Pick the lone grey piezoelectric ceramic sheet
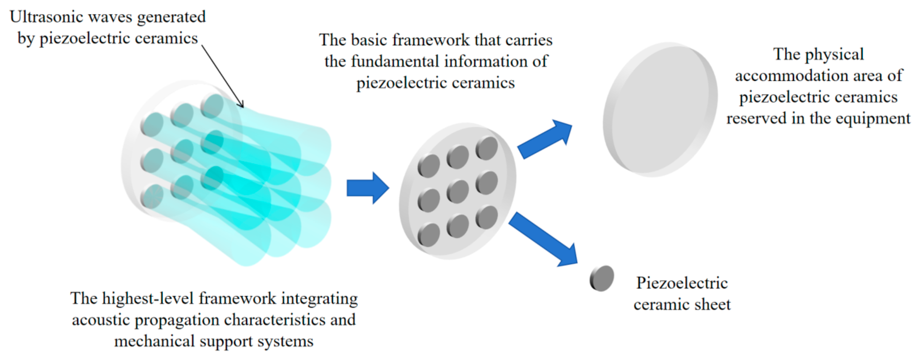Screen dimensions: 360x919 pos(602,278)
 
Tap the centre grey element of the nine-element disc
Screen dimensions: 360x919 pos(458,192)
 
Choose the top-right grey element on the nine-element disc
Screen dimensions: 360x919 pos(487,148)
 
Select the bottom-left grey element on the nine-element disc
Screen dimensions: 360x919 pos(429,235)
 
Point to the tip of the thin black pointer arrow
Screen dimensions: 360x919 pos(243,107)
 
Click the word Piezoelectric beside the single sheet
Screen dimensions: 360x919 pos(682,283)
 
